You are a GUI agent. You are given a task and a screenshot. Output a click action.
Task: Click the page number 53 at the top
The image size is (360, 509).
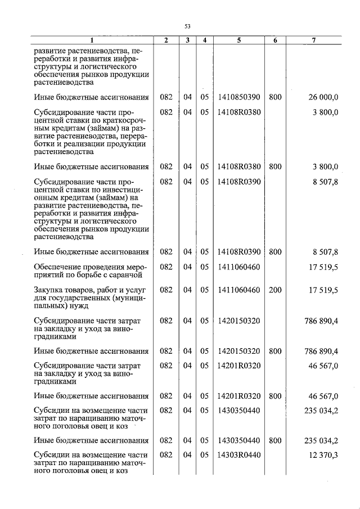(x=188, y=26)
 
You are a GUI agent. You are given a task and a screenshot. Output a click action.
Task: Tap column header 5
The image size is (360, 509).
(x=238, y=40)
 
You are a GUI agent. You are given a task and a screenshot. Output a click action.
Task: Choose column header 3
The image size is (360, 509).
(x=187, y=40)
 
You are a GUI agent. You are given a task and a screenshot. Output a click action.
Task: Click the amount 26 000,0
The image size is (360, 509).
(x=323, y=98)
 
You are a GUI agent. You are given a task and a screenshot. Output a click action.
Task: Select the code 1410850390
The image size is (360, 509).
(x=238, y=98)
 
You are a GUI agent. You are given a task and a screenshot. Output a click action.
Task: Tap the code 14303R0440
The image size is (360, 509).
(x=238, y=454)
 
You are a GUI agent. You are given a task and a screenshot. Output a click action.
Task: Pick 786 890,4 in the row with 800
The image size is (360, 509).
(x=321, y=352)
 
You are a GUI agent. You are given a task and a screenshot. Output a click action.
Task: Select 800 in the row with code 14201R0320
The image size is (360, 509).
(x=275, y=396)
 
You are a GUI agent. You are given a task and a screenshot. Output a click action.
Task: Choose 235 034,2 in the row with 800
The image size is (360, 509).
(x=321, y=440)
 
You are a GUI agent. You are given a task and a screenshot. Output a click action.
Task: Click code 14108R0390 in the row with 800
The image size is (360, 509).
(x=238, y=252)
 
